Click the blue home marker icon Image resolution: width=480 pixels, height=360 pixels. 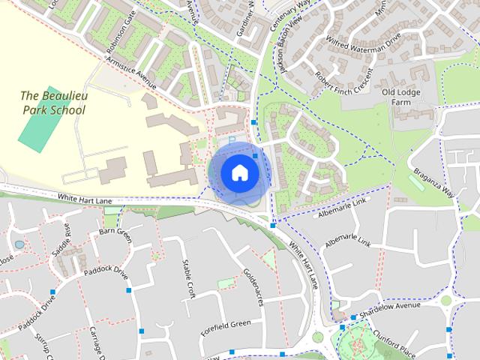point(238,173)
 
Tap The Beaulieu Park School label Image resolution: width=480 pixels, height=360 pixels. point(52,103)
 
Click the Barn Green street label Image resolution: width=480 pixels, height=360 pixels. point(115,235)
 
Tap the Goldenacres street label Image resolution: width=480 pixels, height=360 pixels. point(252,285)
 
